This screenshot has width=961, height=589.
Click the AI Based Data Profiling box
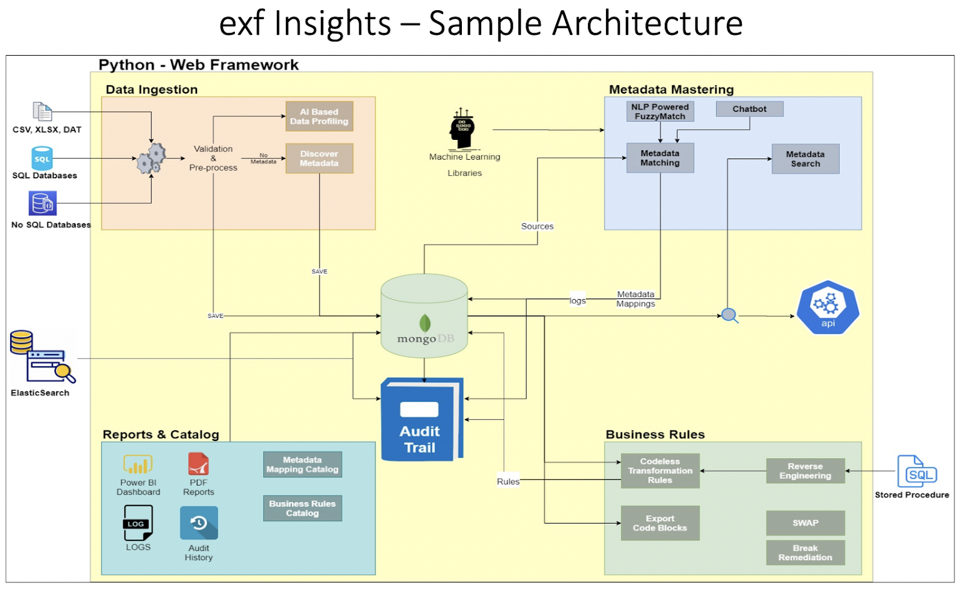319,116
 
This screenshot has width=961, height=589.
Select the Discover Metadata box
319,159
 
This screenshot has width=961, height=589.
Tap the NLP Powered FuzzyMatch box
660,112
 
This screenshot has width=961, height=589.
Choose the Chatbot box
750,109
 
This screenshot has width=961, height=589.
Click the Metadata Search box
805,159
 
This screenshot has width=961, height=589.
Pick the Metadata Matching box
660,158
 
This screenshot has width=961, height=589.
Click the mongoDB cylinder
424,316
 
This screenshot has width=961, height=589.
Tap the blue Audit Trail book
422,420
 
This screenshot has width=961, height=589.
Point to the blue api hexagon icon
828,307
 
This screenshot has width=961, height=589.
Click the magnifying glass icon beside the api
730,316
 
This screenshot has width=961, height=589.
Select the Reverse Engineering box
805,471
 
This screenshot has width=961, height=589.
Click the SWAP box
805,523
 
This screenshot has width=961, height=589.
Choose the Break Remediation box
805,552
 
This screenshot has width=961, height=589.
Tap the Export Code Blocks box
660,523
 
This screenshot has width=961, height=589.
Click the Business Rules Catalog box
303,509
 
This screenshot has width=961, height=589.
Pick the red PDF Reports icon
198,464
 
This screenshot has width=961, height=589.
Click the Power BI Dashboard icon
138,464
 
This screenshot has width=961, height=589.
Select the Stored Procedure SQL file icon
917,471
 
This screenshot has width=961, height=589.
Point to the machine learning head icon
462,128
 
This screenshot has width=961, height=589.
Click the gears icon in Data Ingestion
151,159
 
